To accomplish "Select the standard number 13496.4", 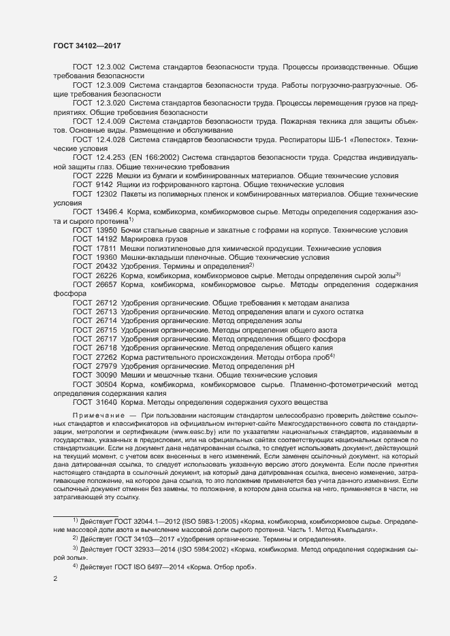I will click(110, 212).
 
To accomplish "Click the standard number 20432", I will click(107, 266).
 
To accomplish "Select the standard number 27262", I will click(107, 356).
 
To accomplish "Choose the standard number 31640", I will click(107, 401).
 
